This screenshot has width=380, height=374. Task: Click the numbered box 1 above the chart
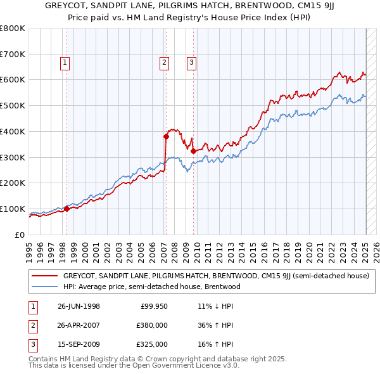coord(66,62)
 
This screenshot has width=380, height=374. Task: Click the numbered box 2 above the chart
coord(164,62)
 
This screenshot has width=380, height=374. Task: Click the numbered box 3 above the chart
coord(191,62)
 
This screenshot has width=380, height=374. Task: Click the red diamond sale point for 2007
coord(166,136)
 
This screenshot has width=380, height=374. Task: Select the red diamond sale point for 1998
coord(66,209)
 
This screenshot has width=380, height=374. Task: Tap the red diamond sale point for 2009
coord(193,151)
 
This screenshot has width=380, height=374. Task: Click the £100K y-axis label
coord(13,209)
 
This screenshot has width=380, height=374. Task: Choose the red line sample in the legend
coord(45,276)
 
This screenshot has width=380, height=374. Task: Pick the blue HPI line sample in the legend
coord(45,287)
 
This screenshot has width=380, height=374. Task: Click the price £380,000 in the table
coord(152,325)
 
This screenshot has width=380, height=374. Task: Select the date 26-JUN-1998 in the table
coord(79,306)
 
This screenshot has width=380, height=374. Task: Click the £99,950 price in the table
coord(154,306)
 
